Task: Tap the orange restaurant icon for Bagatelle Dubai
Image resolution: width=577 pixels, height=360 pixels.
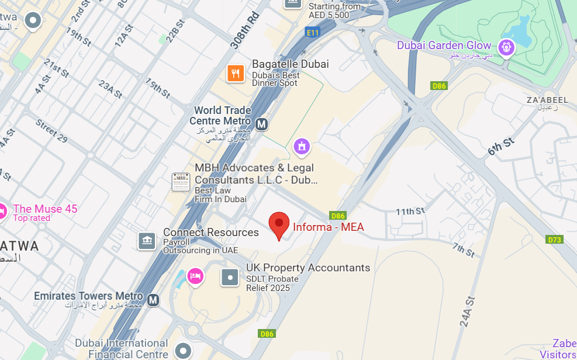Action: tap(236, 73)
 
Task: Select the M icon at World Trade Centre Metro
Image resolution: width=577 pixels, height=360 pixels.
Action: tap(262, 124)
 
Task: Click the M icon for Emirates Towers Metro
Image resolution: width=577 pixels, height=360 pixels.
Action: tap(153, 300)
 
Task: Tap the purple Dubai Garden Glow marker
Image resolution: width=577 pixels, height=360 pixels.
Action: tap(506, 47)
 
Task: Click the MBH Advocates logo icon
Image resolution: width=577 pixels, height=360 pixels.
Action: tap(181, 182)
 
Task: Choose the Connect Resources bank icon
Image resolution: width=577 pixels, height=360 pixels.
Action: tap(147, 240)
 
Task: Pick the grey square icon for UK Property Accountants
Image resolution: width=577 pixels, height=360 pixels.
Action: tap(230, 277)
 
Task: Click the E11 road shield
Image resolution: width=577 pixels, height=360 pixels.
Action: tap(313, 33)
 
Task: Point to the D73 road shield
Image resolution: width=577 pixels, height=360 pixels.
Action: tap(554, 240)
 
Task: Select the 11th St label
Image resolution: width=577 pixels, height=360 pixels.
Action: tap(409, 211)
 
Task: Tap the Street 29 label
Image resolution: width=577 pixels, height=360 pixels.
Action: tap(51, 131)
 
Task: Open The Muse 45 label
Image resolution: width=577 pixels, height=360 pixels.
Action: tap(45, 209)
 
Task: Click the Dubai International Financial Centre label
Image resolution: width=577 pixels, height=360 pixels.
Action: tap(122, 348)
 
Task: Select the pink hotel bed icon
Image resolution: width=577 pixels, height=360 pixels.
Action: tap(195, 276)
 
